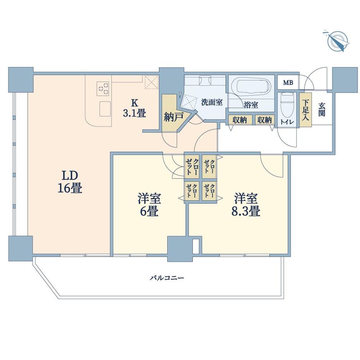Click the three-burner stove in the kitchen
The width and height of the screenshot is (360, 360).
(x=103, y=88)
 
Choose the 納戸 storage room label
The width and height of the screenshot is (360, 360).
(x=172, y=116)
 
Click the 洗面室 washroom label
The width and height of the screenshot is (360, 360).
(x=212, y=103)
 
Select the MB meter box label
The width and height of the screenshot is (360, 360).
(x=288, y=83)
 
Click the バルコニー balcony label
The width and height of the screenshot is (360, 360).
(x=167, y=278)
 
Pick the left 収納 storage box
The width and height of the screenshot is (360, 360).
(x=239, y=120)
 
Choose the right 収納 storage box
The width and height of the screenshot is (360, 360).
(x=265, y=120)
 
